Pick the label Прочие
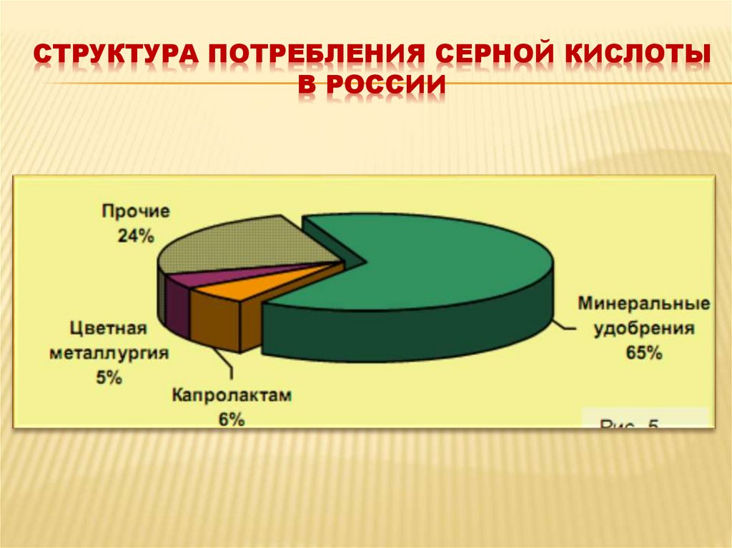point(135,212)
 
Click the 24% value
point(136,236)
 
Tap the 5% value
point(109,378)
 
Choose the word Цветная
point(109,329)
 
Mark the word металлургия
point(109,354)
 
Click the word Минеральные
point(643,304)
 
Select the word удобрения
point(643,328)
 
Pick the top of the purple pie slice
point(236,273)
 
